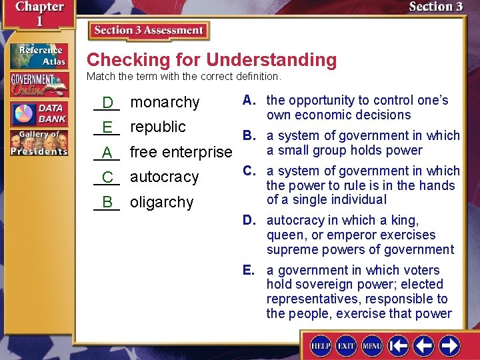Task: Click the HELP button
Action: (321, 346)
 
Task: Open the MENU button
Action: (371, 346)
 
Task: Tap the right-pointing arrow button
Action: (449, 346)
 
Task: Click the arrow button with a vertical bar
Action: (399, 346)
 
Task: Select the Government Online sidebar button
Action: (39, 85)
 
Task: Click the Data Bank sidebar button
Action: (39, 113)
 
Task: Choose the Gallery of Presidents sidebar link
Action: (39, 143)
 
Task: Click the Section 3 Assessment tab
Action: (149, 31)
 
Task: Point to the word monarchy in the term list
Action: (165, 102)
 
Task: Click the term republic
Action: (158, 127)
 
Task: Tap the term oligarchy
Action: (161, 202)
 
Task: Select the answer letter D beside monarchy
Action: (107, 103)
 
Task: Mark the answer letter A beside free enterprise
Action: (107, 153)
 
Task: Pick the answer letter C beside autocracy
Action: (107, 177)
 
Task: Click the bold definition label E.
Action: (249, 270)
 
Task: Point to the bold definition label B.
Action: (249, 135)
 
